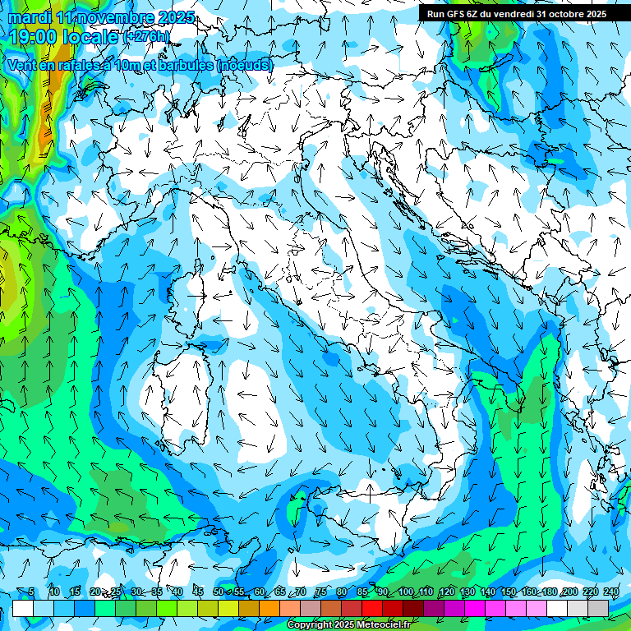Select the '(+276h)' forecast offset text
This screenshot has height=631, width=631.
pos(146,36)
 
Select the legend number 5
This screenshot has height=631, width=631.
pos(31,592)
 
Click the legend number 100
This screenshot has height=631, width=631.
pos(405,592)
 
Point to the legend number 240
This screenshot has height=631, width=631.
pos(611,592)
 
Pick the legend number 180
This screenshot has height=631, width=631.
pos(549,592)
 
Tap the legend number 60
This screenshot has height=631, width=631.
pos(260,592)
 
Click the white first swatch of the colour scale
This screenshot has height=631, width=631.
pos(23,608)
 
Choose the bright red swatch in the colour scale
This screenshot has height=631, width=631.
pos(372,608)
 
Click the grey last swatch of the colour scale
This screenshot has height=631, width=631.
pos(598,608)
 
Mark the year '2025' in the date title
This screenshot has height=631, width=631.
pos(176,17)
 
